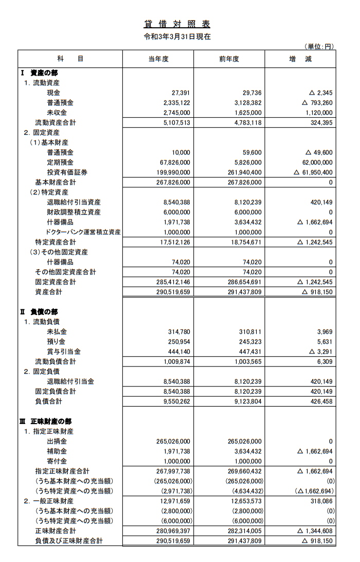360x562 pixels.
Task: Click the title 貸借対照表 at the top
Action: pos(177,24)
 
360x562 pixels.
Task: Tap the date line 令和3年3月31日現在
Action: pos(177,37)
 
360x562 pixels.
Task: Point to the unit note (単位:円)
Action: pos(319,46)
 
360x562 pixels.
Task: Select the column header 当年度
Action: pos(158,59)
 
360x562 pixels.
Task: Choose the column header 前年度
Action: pos(229,59)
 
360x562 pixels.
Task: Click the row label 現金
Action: pos(53,93)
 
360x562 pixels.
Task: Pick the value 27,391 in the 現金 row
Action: pos(181,93)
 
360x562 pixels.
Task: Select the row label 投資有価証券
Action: pos(67,172)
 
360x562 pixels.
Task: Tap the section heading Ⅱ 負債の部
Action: pos(39,312)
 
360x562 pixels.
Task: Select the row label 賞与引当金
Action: pos(63,352)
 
